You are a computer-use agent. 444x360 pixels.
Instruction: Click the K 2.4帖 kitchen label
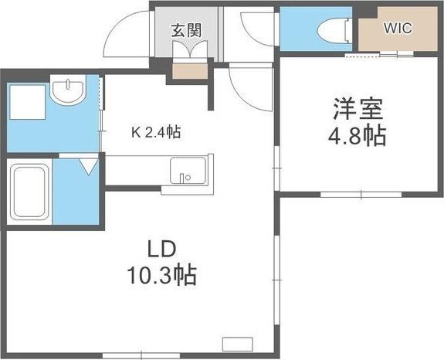[154, 132]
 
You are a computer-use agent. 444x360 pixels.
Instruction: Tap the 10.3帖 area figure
[163, 274]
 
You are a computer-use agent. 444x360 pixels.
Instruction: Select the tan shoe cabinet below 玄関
[187, 72]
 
